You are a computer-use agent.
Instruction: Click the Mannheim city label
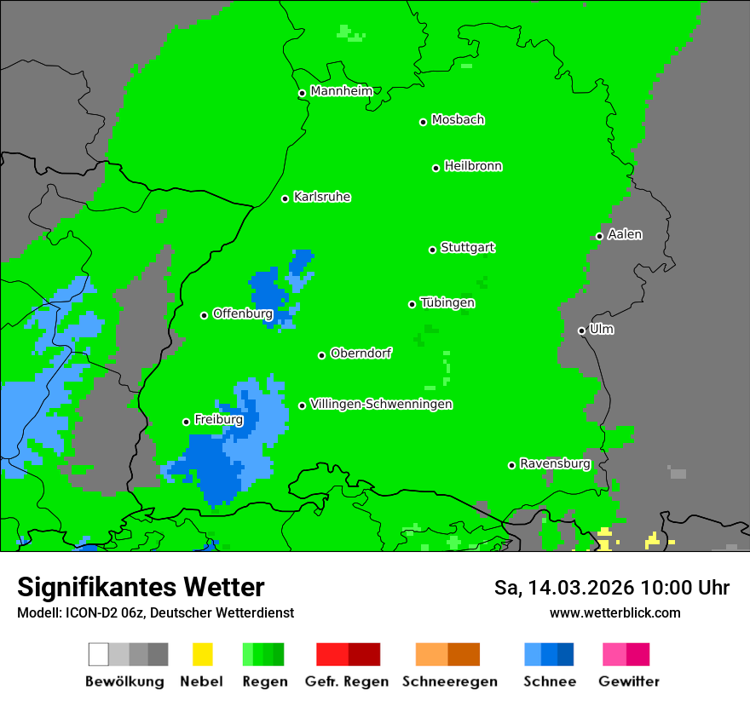coord(341,91)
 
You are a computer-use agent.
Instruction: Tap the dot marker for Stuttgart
coord(432,250)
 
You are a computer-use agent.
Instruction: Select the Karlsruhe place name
coord(322,197)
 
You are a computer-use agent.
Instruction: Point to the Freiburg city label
coord(218,420)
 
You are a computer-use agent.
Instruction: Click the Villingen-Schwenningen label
coord(381,404)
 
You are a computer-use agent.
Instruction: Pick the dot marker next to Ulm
coord(581,331)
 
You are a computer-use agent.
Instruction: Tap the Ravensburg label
coord(555,463)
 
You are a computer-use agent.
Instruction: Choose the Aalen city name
coord(625,234)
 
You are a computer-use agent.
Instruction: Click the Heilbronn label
coord(473,166)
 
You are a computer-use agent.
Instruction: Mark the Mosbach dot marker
coord(423,122)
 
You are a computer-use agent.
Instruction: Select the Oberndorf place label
coord(361,353)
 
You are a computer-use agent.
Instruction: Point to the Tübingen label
coord(447,302)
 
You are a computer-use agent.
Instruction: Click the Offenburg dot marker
coord(204,315)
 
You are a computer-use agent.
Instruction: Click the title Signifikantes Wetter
coord(141,587)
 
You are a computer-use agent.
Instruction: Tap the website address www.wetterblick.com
coord(614,612)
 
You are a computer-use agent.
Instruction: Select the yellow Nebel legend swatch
coord(202,654)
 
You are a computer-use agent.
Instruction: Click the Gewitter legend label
coord(628,681)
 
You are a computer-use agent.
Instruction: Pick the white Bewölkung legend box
coord(98,654)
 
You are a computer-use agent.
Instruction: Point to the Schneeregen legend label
coord(449,681)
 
